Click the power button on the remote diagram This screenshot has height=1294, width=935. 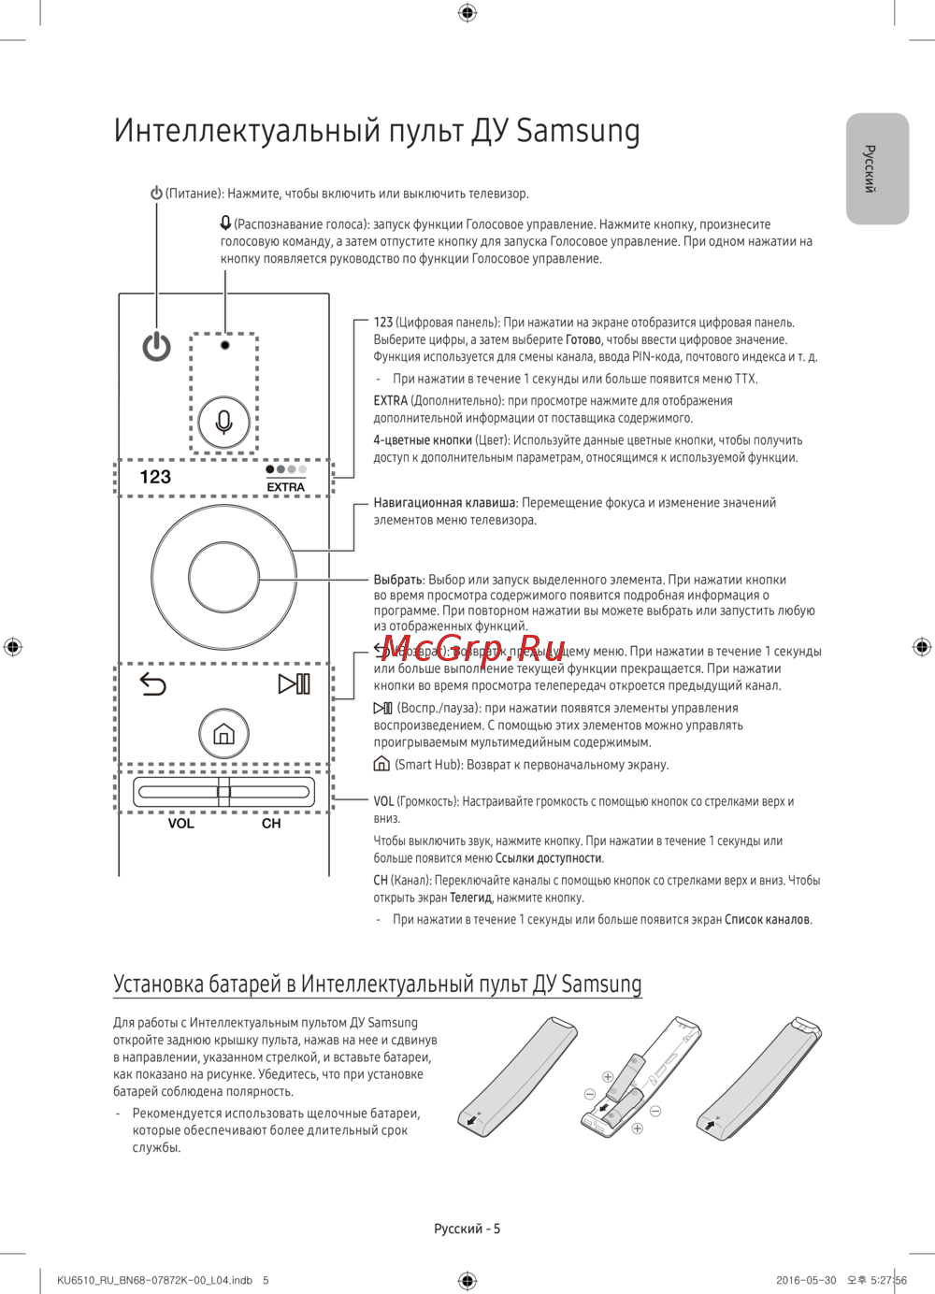coord(156,347)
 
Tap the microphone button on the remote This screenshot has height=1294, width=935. coord(224,422)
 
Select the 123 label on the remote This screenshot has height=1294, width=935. coord(155,477)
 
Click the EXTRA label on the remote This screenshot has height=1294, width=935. coord(285,487)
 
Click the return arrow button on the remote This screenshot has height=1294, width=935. coord(152,684)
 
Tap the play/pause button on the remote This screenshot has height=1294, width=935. coord(295,683)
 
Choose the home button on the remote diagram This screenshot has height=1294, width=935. coord(223,734)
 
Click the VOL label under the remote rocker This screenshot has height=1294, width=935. coord(181,824)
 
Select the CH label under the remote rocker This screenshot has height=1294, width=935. coord(271,824)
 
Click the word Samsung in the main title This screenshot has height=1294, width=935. coord(578,131)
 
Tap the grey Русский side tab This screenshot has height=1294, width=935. coord(876,168)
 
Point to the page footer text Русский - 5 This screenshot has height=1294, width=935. coord(467,1229)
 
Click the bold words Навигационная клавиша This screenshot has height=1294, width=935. coord(445,503)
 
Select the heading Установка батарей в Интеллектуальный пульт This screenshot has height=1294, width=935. coord(377,984)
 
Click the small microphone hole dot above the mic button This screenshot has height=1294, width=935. coord(224,345)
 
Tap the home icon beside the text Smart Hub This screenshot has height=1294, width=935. coord(381,764)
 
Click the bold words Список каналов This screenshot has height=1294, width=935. coord(767,920)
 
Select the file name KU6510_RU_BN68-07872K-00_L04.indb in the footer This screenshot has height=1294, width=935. coord(154,1280)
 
